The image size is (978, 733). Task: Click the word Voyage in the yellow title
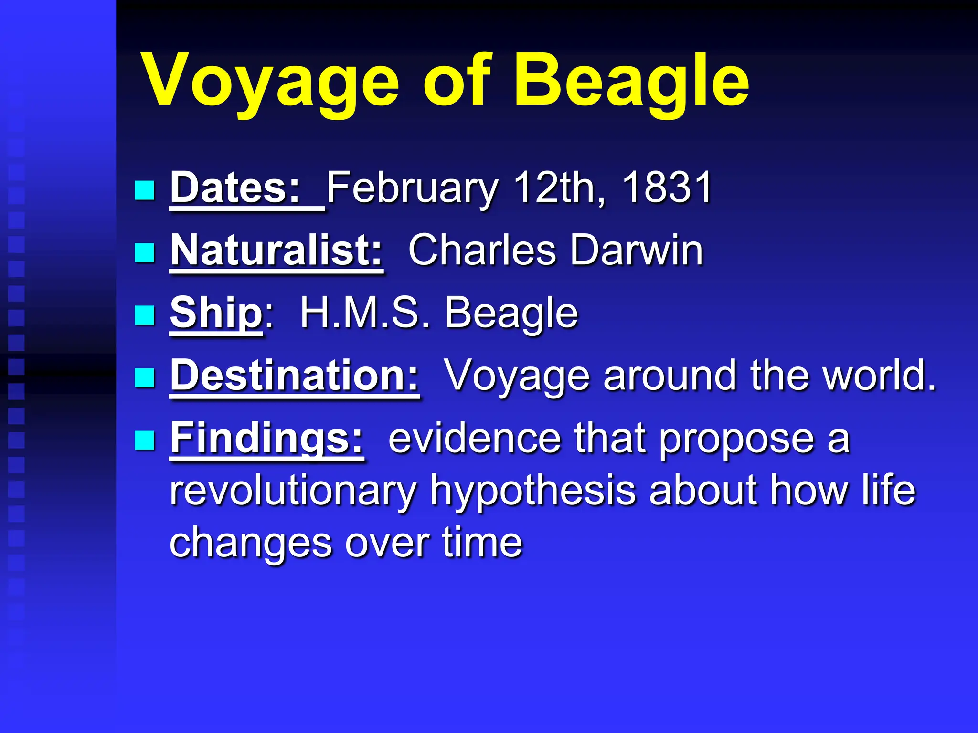tap(270, 81)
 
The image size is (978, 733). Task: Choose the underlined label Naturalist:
tap(276, 250)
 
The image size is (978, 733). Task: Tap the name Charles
tap(482, 250)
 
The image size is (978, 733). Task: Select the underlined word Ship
tap(216, 313)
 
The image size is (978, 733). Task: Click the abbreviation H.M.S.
tap(365, 313)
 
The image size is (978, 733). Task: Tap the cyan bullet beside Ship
tap(144, 315)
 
